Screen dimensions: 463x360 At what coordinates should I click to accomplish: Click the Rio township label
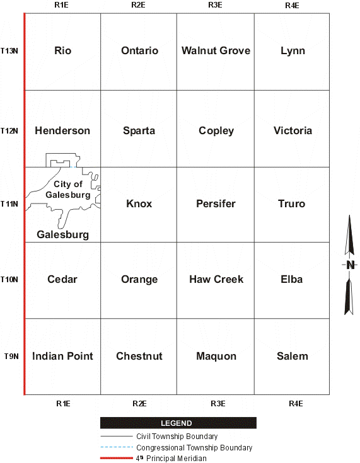click(x=62, y=50)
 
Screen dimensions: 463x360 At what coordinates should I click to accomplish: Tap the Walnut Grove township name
click(x=216, y=50)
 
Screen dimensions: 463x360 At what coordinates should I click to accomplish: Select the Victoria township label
click(x=293, y=130)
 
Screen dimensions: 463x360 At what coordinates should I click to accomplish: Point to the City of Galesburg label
click(x=68, y=189)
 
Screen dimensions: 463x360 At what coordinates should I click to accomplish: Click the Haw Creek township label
click(x=216, y=279)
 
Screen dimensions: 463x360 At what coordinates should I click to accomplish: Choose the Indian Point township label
click(x=62, y=356)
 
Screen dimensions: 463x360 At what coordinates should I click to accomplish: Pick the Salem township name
click(x=293, y=356)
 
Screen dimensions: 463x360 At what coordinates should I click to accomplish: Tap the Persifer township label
click(x=216, y=203)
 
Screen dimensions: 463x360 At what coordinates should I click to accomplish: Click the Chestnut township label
click(x=139, y=356)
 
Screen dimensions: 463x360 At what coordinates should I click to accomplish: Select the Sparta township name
click(x=139, y=130)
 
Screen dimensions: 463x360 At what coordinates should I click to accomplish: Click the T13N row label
click(x=9, y=50)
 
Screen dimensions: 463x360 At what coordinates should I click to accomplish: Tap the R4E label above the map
click(x=292, y=5)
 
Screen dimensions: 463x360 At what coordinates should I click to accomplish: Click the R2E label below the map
click(x=139, y=403)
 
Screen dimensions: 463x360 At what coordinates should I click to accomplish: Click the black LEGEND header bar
click(x=178, y=423)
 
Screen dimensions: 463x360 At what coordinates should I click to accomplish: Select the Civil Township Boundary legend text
click(x=177, y=437)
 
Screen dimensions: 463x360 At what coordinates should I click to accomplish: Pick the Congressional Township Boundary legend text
click(x=194, y=448)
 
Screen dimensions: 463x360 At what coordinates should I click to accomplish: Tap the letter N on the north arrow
click(x=350, y=265)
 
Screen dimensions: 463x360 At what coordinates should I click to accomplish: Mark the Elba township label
click(x=292, y=279)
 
